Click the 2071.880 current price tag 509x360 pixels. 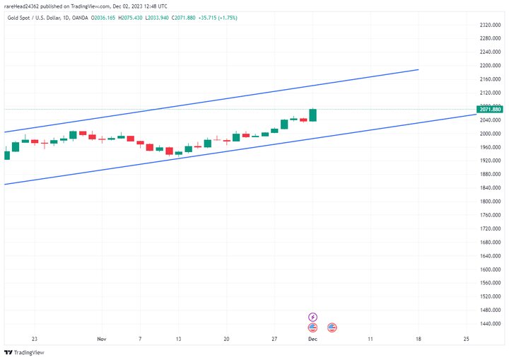[x=490, y=110]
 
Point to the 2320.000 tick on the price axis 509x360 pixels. [x=490, y=25]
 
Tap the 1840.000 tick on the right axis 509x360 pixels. [x=490, y=187]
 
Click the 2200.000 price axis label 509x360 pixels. [x=490, y=66]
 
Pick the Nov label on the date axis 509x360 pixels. [x=101, y=339]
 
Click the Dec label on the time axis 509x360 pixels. [x=312, y=339]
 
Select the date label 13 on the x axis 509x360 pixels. [x=179, y=339]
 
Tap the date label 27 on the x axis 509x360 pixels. [x=274, y=339]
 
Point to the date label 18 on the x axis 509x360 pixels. [x=419, y=339]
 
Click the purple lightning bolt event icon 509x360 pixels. [x=312, y=317]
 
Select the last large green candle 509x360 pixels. [x=312, y=115]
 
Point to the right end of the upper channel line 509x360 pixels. [x=419, y=69]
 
